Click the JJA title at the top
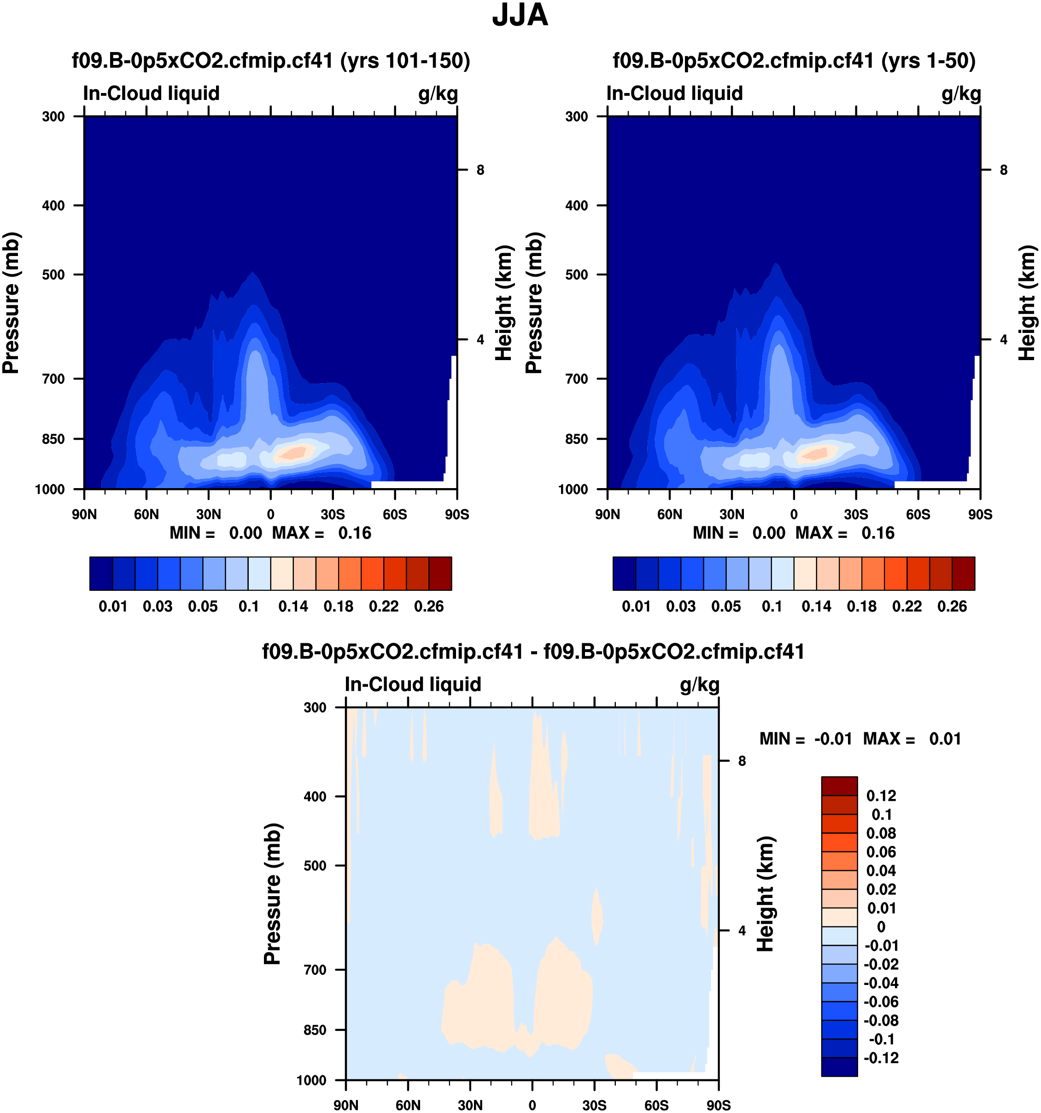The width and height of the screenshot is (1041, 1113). click(x=520, y=15)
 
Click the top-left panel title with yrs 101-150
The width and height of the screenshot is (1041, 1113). click(x=271, y=60)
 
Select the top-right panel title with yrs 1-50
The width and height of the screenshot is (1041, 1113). click(x=794, y=60)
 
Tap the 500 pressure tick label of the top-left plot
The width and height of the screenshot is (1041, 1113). click(x=54, y=275)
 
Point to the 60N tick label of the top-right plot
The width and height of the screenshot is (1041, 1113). click(x=669, y=514)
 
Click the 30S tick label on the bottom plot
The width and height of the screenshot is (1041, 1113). click(x=594, y=1105)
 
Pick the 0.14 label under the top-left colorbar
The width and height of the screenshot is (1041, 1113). click(x=293, y=606)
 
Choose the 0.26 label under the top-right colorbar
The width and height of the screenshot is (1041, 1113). click(x=952, y=606)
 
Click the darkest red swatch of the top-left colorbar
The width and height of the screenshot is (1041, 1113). click(x=440, y=573)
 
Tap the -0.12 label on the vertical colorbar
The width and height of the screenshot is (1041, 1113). click(x=882, y=1058)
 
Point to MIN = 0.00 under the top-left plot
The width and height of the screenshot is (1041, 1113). click(x=216, y=533)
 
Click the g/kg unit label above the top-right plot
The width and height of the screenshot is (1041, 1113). click(x=961, y=93)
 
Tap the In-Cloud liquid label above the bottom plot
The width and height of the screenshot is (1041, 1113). click(x=413, y=684)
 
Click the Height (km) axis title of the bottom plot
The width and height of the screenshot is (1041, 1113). click(x=766, y=894)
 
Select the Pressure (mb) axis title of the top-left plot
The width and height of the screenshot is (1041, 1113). click(x=11, y=303)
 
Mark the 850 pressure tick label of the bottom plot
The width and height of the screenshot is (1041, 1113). click(x=315, y=1030)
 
